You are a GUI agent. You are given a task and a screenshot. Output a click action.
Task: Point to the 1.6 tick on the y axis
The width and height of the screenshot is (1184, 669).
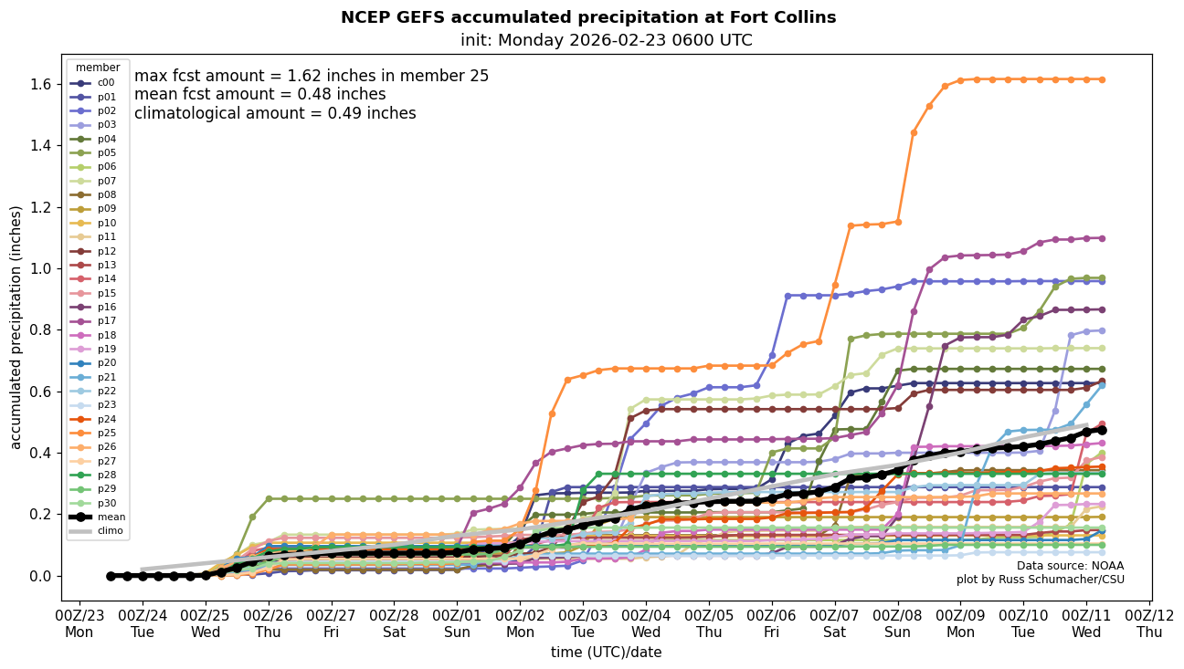click(x=42, y=84)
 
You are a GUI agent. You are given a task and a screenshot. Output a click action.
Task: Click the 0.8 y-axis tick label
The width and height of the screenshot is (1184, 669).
click(x=42, y=330)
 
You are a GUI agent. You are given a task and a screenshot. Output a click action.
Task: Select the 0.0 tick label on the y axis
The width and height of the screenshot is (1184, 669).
click(x=42, y=576)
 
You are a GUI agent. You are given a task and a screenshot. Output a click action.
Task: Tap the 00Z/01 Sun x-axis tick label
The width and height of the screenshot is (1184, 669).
click(x=457, y=622)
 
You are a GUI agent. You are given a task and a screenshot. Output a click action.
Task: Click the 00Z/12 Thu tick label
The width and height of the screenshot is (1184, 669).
click(x=1149, y=622)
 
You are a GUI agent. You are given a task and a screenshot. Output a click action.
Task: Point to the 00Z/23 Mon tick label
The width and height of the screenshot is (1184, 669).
click(x=79, y=622)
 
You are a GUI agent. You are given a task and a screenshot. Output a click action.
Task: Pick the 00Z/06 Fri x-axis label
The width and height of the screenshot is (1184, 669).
click(x=772, y=622)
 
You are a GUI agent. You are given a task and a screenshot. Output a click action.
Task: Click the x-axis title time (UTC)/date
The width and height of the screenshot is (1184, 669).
click(x=606, y=653)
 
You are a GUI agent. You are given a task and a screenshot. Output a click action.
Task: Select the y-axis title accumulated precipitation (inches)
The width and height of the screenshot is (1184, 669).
click(x=16, y=327)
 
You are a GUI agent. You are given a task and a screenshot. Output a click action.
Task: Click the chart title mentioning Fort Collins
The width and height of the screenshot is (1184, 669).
click(x=588, y=17)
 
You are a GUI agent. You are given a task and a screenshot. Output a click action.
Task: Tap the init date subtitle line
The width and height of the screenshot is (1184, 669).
click(x=607, y=40)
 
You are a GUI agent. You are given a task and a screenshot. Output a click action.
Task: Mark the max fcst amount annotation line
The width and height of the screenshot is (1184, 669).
click(x=312, y=76)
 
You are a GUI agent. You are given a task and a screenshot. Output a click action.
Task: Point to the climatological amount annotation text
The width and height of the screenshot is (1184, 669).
click(x=275, y=113)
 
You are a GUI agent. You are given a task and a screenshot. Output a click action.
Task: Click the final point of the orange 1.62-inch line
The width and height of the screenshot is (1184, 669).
click(x=1102, y=79)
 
